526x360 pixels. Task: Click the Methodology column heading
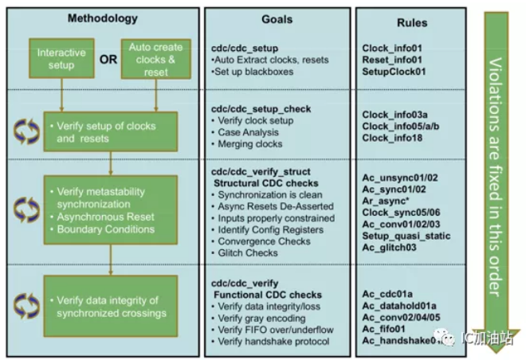[x=102, y=18]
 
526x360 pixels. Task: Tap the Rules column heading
[x=413, y=22]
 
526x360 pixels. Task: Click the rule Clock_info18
[x=393, y=139]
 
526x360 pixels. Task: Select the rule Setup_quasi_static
[x=406, y=236]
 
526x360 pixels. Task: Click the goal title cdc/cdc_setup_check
[x=261, y=108]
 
